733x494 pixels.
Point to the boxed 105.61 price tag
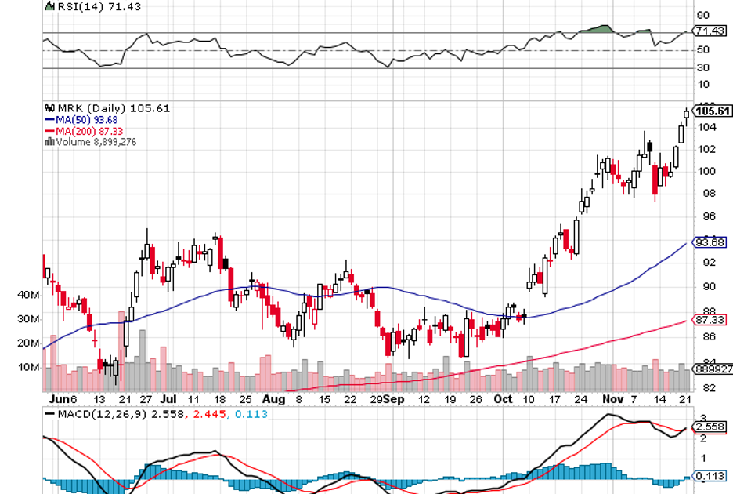click(x=712, y=111)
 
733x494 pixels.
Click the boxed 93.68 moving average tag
click(x=712, y=242)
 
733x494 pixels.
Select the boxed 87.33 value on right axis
click(x=712, y=319)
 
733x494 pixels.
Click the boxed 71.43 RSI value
click(x=712, y=31)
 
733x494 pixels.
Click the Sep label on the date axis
click(x=395, y=399)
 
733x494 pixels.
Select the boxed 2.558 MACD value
click(x=712, y=426)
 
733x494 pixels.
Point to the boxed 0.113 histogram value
click(x=712, y=476)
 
